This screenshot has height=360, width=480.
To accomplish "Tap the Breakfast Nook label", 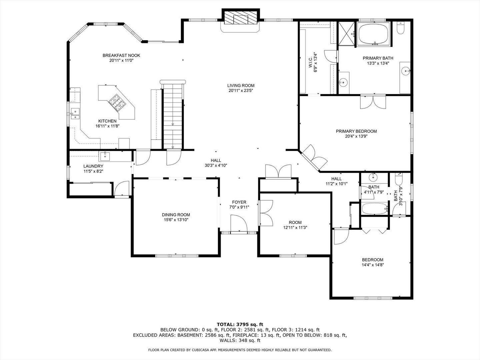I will [x=121, y=55].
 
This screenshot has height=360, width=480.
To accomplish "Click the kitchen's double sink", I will [x=75, y=114].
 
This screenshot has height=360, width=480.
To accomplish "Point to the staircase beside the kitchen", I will [x=173, y=115].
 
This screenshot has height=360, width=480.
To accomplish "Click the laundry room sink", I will [x=105, y=155].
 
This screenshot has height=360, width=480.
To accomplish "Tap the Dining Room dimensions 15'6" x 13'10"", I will [x=176, y=220].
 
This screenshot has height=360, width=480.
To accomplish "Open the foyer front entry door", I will [x=238, y=224].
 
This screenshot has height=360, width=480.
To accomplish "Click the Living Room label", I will [x=241, y=86].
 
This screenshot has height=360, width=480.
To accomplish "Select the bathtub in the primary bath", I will [x=374, y=34].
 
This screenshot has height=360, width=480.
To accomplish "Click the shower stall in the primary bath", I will [x=347, y=33].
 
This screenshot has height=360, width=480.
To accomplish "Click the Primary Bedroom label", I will [x=356, y=131].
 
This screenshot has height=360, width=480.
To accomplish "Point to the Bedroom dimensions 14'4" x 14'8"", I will [x=373, y=265].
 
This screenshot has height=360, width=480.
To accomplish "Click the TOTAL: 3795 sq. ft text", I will [x=240, y=324].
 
